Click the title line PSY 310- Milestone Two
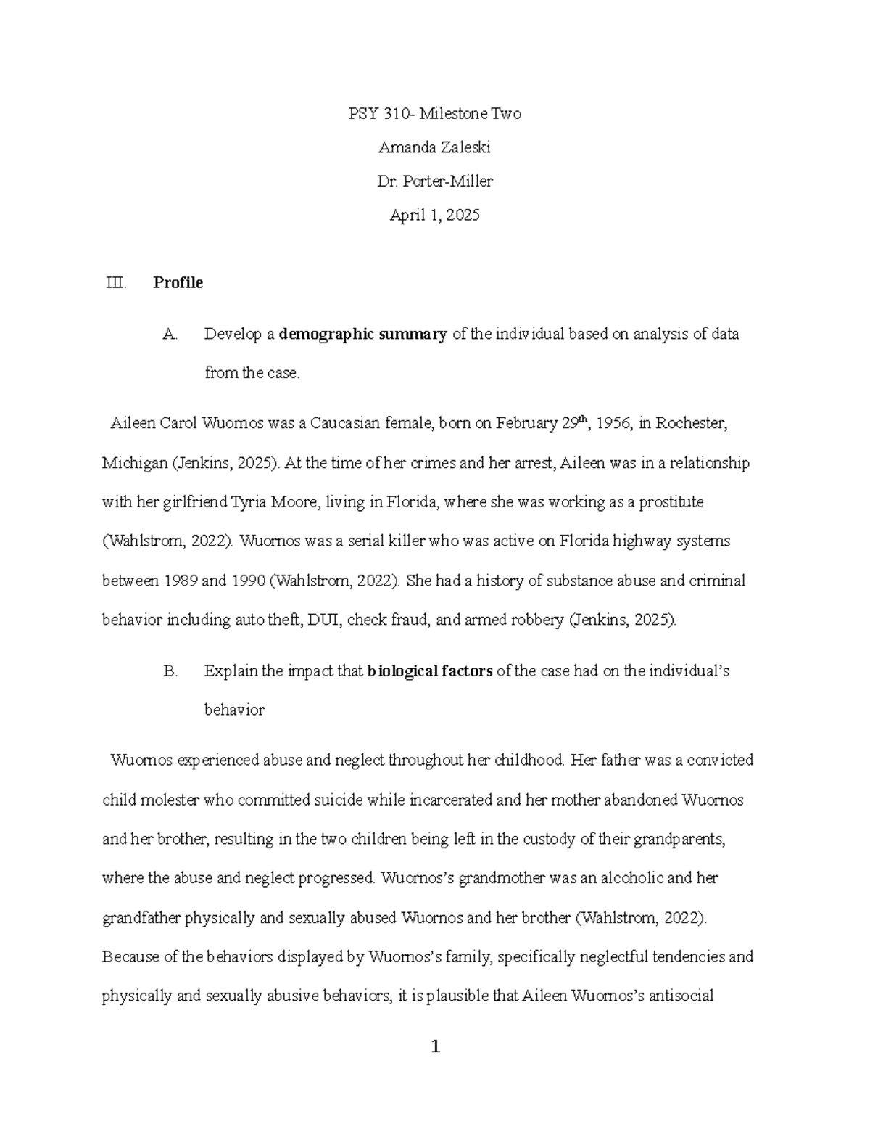[x=434, y=114]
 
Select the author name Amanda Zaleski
[x=434, y=147]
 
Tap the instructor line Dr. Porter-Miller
[x=434, y=181]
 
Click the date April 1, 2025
[x=434, y=215]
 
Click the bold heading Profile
[x=178, y=283]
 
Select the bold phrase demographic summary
[x=362, y=335]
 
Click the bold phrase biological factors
[x=430, y=671]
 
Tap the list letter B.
[x=170, y=671]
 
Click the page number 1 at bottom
[x=435, y=1046]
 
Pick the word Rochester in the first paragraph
[x=690, y=424]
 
